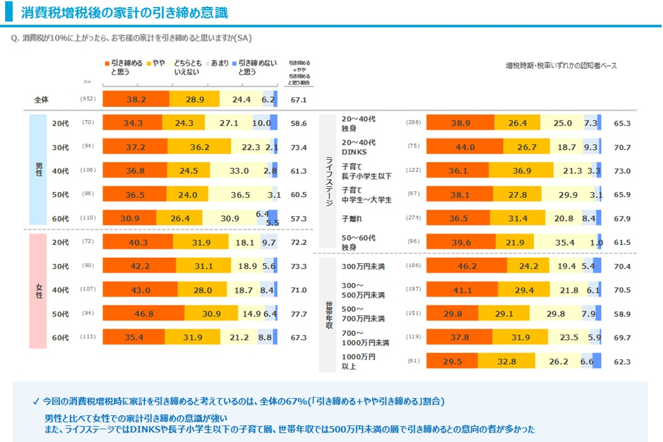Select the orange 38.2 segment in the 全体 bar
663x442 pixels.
click(x=136, y=100)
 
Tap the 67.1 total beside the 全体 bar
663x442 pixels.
click(x=299, y=100)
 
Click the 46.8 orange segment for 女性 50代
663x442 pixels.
click(x=143, y=314)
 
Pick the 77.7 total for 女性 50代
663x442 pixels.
click(x=299, y=314)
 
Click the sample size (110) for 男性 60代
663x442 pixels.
click(x=87, y=218)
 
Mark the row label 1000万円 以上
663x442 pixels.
click(x=359, y=361)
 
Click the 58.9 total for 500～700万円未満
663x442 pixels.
click(x=621, y=314)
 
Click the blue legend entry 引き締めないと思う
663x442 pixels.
click(x=256, y=68)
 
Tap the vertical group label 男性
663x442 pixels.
click(x=39, y=169)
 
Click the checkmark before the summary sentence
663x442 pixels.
click(x=35, y=402)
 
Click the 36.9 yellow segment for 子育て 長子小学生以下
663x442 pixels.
click(x=520, y=170)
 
